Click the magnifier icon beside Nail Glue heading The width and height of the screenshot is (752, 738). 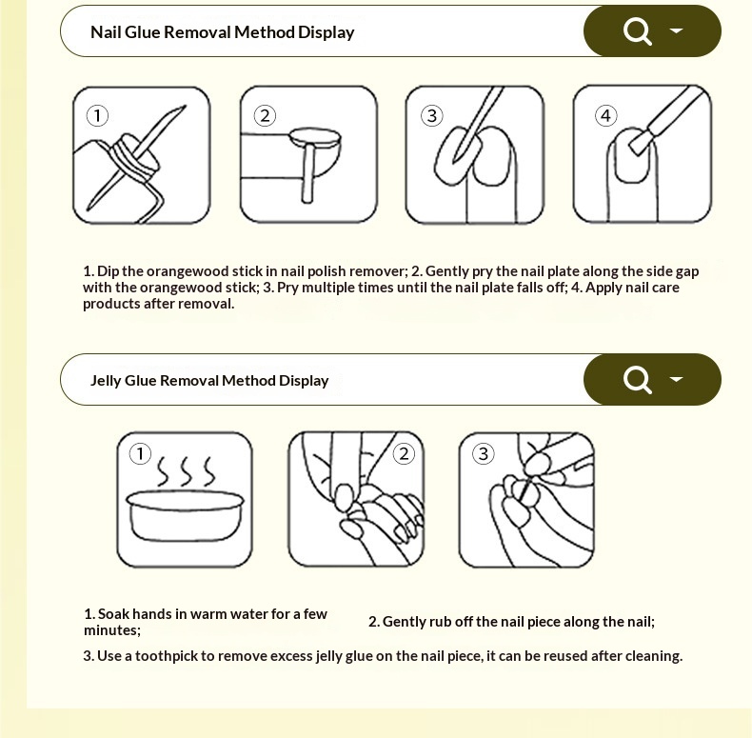tap(638, 31)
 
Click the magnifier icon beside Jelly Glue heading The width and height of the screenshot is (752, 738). tap(638, 380)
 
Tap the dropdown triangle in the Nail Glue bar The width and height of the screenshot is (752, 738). tap(676, 30)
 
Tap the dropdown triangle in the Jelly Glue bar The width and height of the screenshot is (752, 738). tap(676, 379)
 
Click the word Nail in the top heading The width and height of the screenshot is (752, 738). tap(106, 32)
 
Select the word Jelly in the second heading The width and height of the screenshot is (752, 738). tap(106, 381)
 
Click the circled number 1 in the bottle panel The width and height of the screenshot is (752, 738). tap(97, 115)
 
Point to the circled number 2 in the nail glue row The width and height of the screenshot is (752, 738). tap(265, 115)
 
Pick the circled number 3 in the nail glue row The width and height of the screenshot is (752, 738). tap(431, 115)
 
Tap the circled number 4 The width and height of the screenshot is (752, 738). tap(605, 115)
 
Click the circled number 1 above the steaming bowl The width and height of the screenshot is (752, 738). tap(140, 453)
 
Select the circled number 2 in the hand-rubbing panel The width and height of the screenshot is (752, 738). tap(404, 453)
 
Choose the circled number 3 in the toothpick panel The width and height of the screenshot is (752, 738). tap(483, 453)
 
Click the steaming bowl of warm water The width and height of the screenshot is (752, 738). tap(185, 516)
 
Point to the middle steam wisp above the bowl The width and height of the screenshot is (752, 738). tap(186, 470)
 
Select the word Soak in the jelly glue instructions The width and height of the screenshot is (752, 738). tap(113, 613)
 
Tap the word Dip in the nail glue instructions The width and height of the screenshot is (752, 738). tap(108, 271)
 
